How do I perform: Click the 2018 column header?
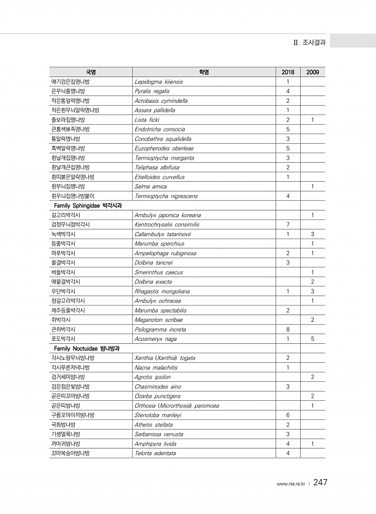click(x=288, y=72)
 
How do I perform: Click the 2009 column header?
click(x=312, y=72)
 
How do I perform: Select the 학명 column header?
click(x=204, y=72)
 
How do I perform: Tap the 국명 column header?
click(x=91, y=72)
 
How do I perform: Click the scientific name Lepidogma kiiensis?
click(x=158, y=81)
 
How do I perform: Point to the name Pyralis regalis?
click(x=152, y=91)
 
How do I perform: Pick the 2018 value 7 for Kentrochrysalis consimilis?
click(x=288, y=225)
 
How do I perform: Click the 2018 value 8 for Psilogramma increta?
click(x=288, y=329)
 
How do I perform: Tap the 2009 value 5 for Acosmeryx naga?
click(x=312, y=338)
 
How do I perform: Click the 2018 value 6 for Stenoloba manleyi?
click(x=288, y=415)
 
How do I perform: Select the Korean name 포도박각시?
click(x=64, y=338)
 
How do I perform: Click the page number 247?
click(x=320, y=482)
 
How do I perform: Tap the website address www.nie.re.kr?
click(x=291, y=483)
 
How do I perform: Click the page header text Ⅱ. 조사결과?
click(x=309, y=43)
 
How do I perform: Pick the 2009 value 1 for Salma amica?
click(x=312, y=186)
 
